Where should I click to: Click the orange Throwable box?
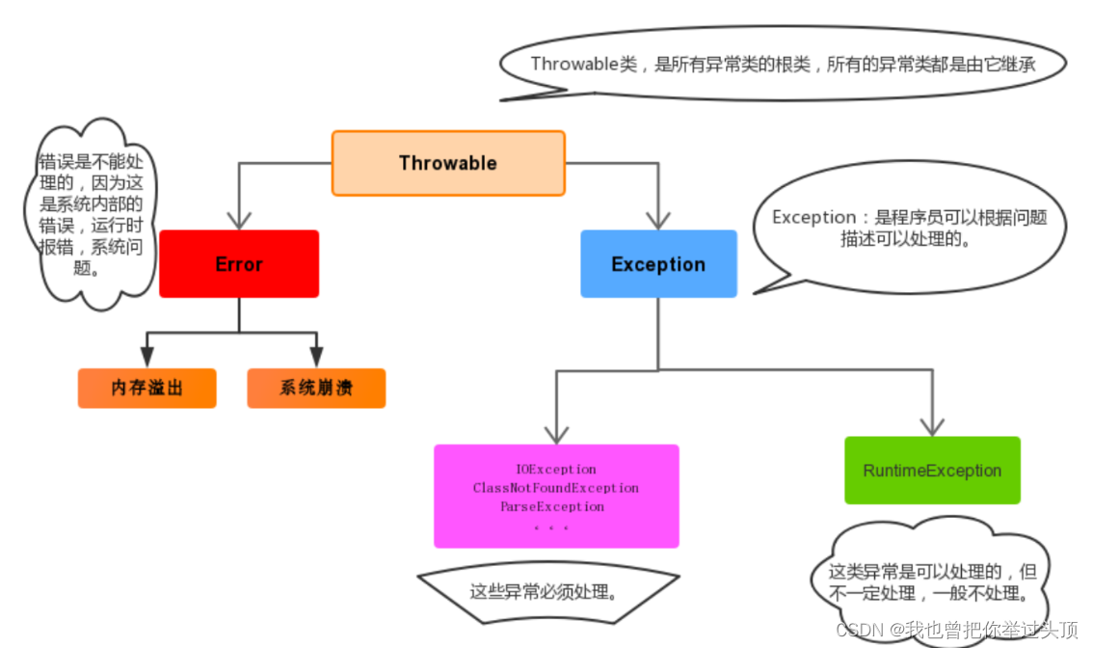coord(448,163)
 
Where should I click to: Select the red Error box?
coord(238,264)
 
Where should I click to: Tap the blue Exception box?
coord(658,264)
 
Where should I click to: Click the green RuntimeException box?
coord(931,471)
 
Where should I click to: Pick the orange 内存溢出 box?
coord(147,388)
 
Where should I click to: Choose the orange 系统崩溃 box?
coord(316,388)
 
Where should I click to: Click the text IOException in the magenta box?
coord(556,470)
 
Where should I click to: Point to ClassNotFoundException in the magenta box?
coord(556,488)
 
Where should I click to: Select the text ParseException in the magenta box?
coord(552,506)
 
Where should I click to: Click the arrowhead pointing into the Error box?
coord(238,219)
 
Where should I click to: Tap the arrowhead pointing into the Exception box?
coord(658,219)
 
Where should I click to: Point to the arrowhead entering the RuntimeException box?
coord(931,425)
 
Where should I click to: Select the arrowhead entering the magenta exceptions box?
coord(556,433)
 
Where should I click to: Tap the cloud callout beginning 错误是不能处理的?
coord(90,214)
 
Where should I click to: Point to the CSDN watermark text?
coord(956,631)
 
